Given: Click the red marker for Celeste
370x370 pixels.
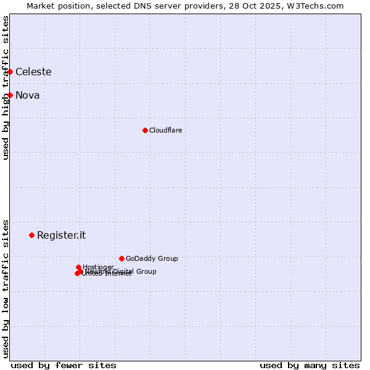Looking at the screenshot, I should (10, 72).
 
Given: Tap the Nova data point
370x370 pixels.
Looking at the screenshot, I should (10, 95).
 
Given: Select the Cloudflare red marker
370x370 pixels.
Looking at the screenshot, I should (145, 130).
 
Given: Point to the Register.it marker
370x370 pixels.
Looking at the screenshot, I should (31, 235).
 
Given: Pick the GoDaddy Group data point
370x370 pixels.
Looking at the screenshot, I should (121, 258).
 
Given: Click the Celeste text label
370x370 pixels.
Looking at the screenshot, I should (33, 72).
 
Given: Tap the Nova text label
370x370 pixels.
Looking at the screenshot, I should (27, 95).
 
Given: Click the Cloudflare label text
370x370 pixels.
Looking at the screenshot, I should (165, 130).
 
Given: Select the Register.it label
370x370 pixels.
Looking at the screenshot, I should (61, 235).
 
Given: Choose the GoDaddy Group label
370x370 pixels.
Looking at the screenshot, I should (152, 258).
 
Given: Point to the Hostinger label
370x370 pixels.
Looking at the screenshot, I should (98, 267).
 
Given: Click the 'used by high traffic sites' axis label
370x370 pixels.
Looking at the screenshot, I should (6, 88).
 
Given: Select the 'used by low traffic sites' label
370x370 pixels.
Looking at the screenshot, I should (6, 289).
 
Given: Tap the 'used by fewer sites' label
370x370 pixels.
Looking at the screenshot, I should (64, 365).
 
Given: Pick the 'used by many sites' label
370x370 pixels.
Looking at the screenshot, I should (310, 365).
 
